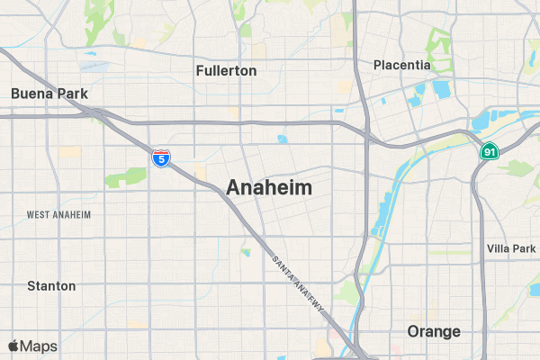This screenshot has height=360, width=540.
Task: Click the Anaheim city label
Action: (x=269, y=188)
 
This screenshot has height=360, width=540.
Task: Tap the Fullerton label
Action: (x=226, y=70)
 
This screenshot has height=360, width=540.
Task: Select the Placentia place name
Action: (x=402, y=65)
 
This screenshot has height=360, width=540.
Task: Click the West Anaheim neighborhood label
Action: (x=59, y=214)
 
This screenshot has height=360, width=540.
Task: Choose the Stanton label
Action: (x=51, y=285)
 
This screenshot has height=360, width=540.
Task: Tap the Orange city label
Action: (x=434, y=331)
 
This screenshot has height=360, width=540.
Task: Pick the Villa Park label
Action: (x=510, y=247)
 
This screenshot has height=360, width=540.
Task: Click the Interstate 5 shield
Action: (x=160, y=158)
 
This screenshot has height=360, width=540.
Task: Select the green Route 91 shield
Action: (x=489, y=152)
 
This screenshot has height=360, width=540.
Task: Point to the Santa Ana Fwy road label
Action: (x=298, y=286)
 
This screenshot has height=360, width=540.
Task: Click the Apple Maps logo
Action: (x=13, y=346)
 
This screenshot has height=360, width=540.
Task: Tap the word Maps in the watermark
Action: (x=39, y=346)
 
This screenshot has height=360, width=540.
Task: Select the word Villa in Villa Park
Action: (x=498, y=247)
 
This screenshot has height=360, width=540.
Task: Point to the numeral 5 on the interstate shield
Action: (x=160, y=160)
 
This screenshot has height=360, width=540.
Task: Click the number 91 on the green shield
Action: (x=489, y=153)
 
